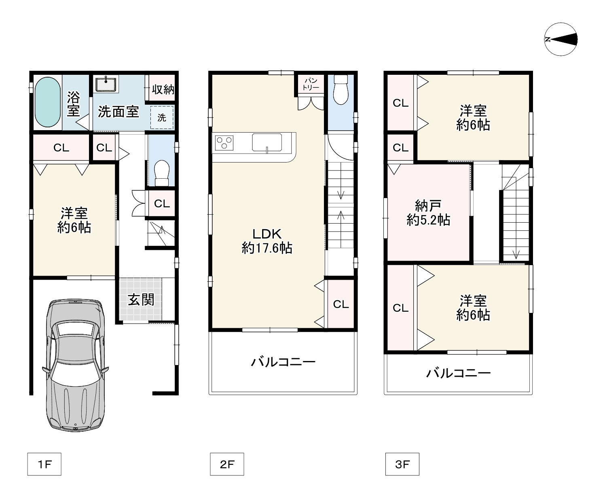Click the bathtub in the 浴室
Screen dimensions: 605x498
coord(48,102)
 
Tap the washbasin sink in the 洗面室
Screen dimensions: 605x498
coord(106,84)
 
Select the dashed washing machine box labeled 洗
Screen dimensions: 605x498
coord(162,117)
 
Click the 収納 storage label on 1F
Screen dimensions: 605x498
coord(163,89)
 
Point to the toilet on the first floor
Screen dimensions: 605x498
coord(162,173)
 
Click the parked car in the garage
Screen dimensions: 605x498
coord(75,365)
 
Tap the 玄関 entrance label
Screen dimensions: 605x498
coord(141,299)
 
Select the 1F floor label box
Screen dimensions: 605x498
coord(44,464)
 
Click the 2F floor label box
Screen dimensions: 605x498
coord(227,464)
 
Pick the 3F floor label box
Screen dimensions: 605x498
coord(402,464)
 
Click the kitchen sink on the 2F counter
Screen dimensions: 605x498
coord(267,142)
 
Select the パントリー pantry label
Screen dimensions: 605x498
coord(311,84)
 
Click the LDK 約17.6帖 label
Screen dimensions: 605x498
coord(267,241)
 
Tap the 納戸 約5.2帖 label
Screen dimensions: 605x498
coord(428,213)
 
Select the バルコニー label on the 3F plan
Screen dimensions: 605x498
coord(458,373)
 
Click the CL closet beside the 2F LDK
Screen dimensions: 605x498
coord(341,304)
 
